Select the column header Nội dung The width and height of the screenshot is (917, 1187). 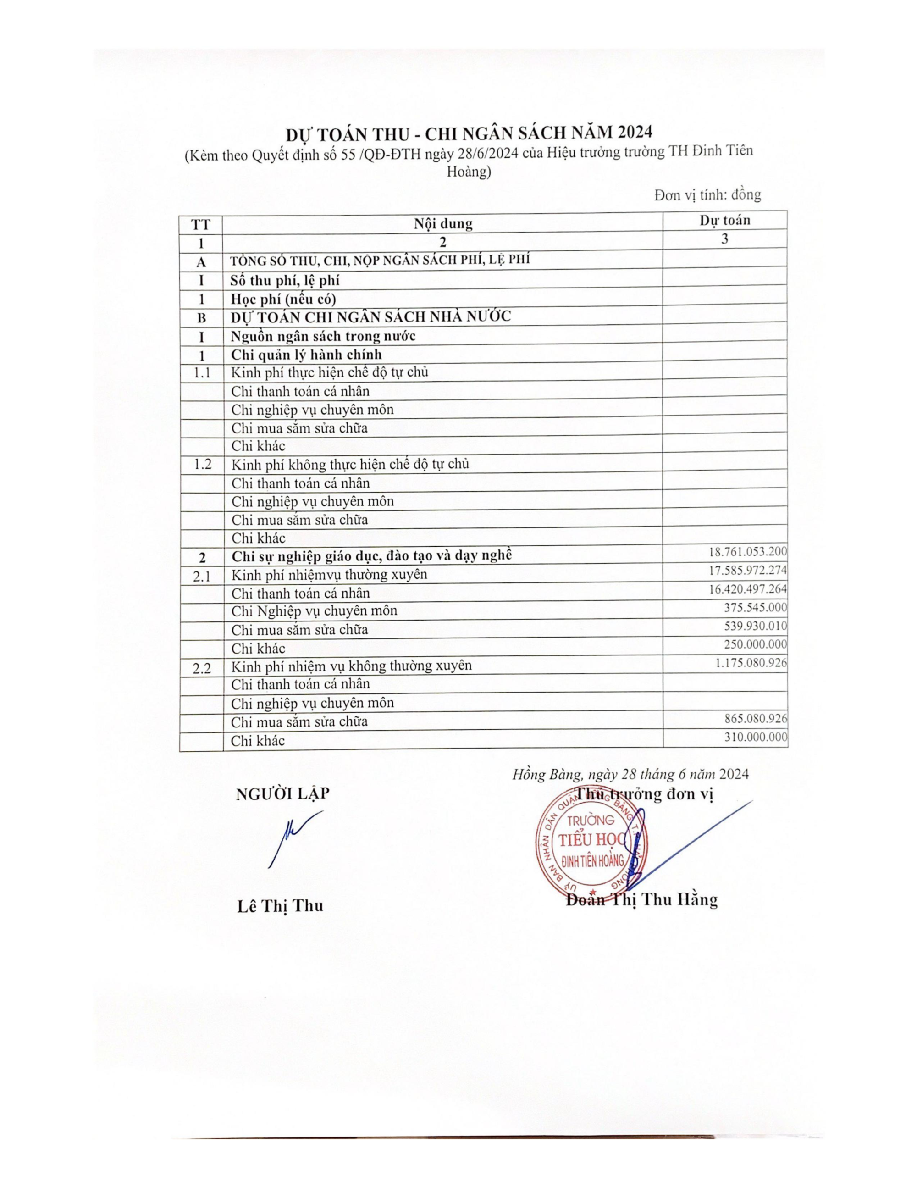click(x=443, y=223)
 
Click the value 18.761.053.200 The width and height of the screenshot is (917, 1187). click(x=747, y=552)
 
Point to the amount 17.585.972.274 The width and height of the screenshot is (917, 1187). click(x=747, y=570)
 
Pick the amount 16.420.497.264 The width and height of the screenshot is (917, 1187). click(x=747, y=588)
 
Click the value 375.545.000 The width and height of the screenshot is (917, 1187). click(x=755, y=607)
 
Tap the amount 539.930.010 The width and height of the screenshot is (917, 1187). click(x=755, y=626)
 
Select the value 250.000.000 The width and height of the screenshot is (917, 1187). click(x=755, y=644)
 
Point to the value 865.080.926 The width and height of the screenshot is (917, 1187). click(x=755, y=718)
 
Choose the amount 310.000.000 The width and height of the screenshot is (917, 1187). click(x=755, y=737)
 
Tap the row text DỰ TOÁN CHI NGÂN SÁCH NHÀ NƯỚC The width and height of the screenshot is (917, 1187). click(x=371, y=316)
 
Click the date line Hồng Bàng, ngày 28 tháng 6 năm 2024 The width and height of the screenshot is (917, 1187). click(x=630, y=775)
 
